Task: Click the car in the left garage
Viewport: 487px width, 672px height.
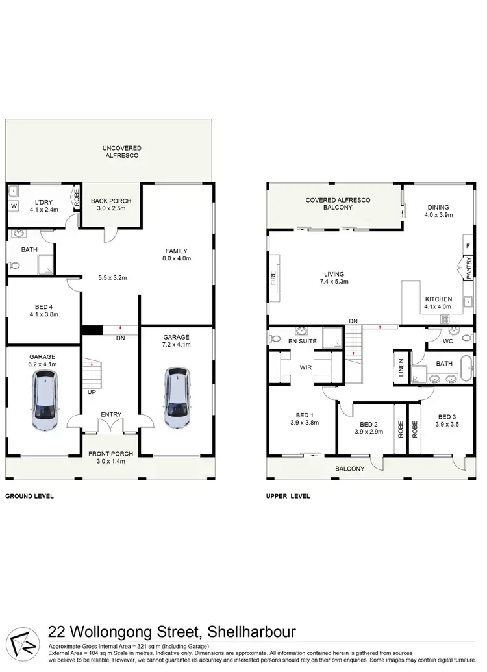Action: [44, 404]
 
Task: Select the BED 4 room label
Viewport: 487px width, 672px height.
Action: [44, 310]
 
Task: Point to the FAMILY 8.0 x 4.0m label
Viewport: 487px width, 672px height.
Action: [176, 255]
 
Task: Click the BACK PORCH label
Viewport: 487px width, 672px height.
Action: [108, 204]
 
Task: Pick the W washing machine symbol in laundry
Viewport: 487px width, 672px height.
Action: [14, 207]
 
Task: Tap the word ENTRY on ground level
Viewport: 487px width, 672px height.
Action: [111, 414]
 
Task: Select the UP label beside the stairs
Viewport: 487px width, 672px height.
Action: [92, 393]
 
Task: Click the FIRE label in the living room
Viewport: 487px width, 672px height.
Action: [273, 279]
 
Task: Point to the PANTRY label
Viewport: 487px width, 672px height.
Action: [468, 269]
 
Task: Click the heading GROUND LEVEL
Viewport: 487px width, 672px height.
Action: [30, 496]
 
